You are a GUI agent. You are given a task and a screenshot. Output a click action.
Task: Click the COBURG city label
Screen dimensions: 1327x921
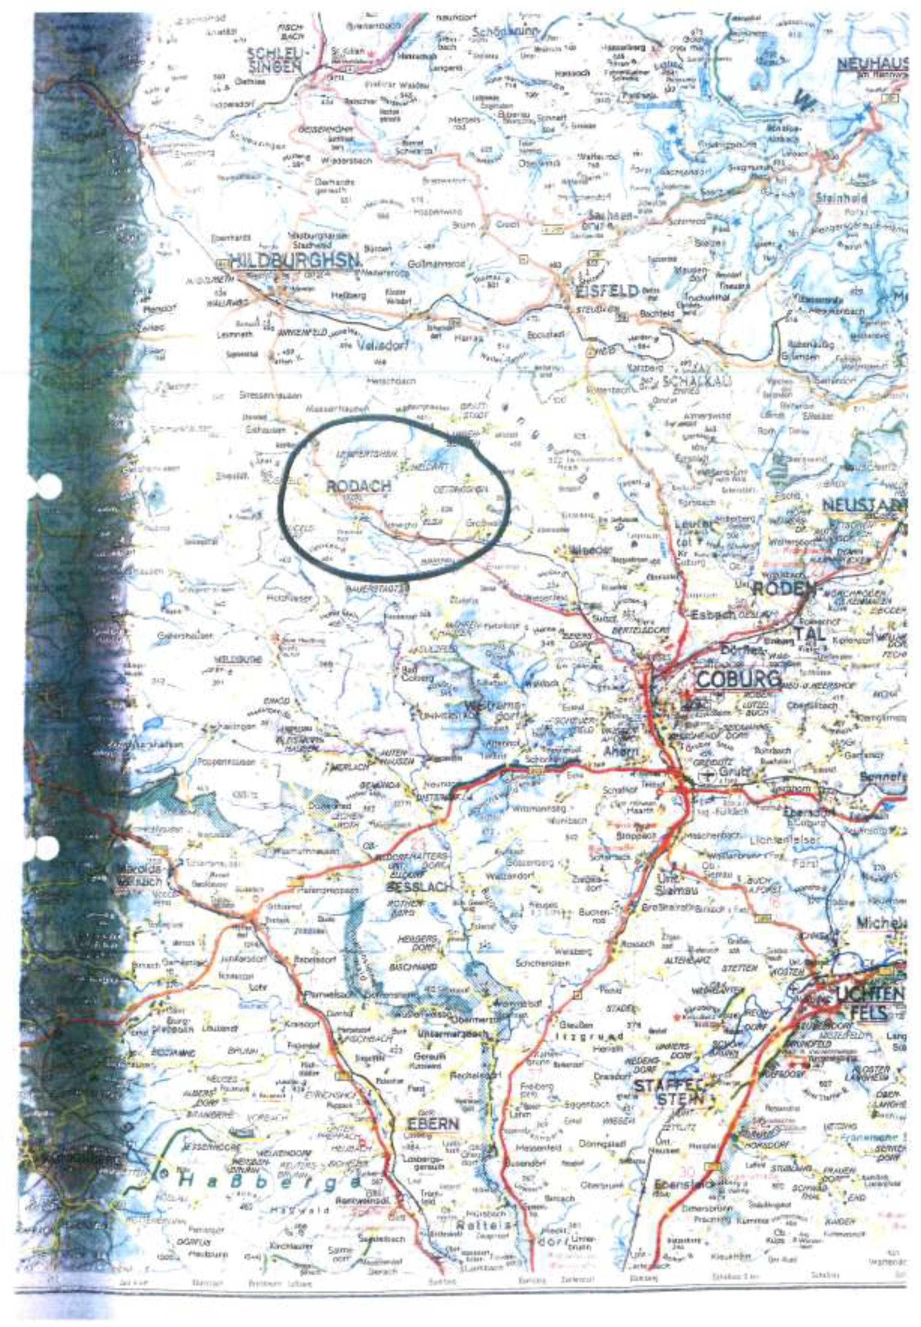[x=738, y=679]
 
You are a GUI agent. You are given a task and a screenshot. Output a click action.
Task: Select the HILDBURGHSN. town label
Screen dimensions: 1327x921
[x=295, y=261]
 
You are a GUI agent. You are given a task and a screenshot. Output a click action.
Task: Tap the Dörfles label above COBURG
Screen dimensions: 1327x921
[x=736, y=650]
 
